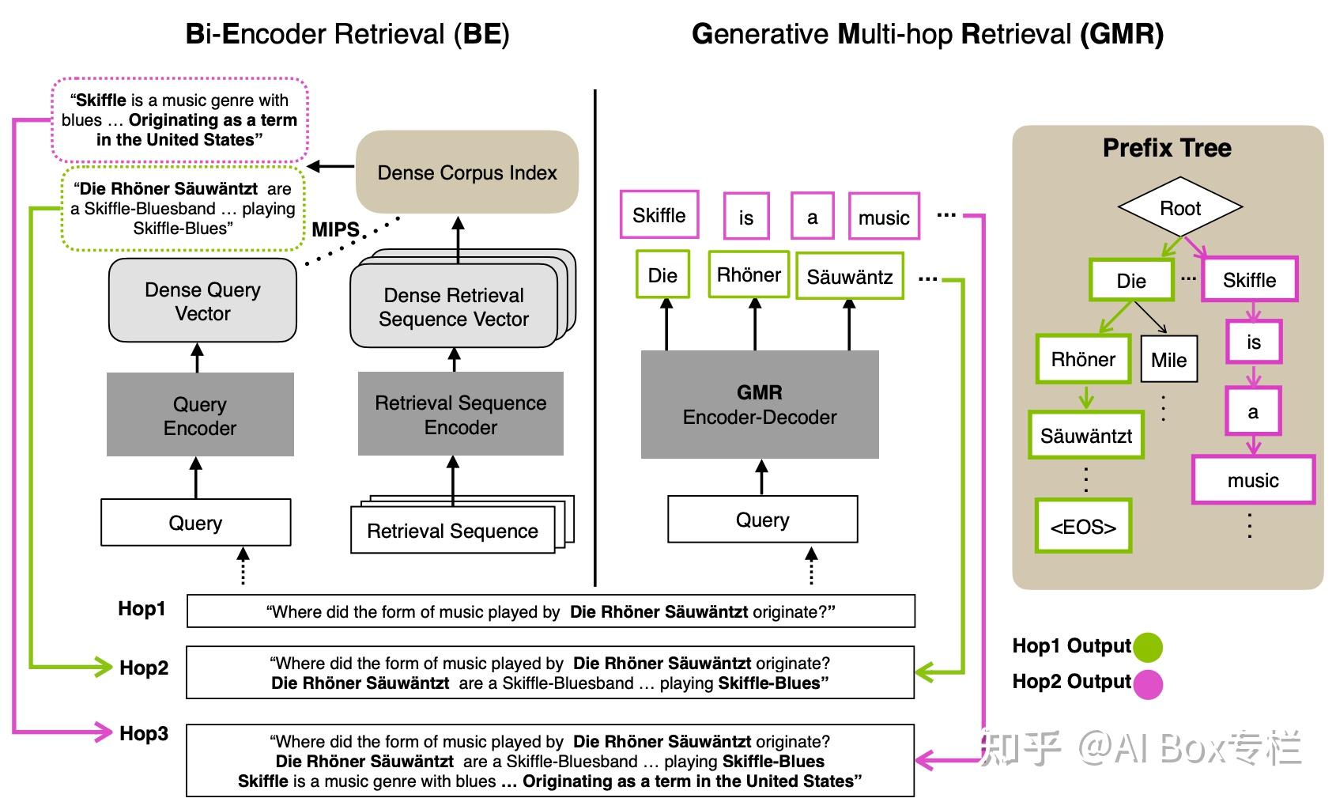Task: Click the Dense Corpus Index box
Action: tap(466, 172)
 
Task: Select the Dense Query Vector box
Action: tap(202, 301)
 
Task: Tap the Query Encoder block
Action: tap(200, 415)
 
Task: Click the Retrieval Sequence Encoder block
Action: tap(460, 414)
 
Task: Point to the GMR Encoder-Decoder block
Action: tap(759, 404)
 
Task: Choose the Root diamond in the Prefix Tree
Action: tap(1179, 208)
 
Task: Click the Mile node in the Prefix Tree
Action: tap(1168, 360)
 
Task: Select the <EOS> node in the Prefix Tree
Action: tap(1083, 526)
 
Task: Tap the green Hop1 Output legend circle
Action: tap(1148, 647)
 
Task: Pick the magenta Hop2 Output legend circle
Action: tap(1148, 683)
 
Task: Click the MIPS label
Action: tap(335, 229)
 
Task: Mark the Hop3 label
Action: tap(144, 733)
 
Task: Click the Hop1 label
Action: tap(142, 608)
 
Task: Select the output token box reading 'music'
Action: tap(884, 217)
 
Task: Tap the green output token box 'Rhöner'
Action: tap(749, 274)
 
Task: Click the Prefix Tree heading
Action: tap(1167, 148)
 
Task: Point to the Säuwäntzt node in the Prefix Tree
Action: tap(1086, 435)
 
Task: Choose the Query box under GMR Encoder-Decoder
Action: tap(762, 520)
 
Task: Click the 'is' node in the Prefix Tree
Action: tap(1254, 342)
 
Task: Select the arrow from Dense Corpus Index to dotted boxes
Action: tap(330, 166)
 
